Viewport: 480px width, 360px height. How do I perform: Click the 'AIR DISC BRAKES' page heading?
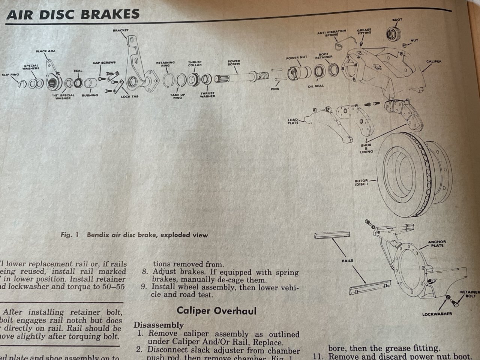(x=73, y=14)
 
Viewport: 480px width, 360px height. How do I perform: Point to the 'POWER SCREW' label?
(x=234, y=63)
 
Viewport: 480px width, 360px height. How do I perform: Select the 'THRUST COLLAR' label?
(x=195, y=64)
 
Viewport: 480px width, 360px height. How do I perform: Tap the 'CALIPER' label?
(x=433, y=61)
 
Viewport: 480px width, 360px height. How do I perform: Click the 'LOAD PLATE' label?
(x=293, y=121)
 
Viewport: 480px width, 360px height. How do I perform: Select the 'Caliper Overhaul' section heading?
(x=217, y=310)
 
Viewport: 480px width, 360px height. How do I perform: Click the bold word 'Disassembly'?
(x=159, y=325)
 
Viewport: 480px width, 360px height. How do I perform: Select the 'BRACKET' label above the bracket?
(x=120, y=30)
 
